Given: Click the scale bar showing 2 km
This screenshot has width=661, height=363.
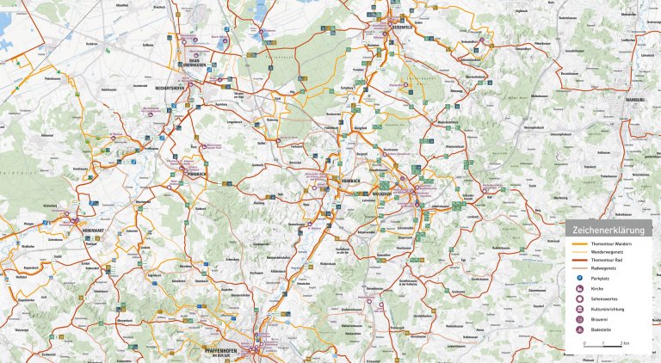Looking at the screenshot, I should pos(603,346).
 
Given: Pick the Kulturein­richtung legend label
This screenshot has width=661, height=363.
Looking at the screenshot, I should pos(607,310).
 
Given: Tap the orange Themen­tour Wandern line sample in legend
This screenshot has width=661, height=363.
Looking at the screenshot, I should pos(578,244).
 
